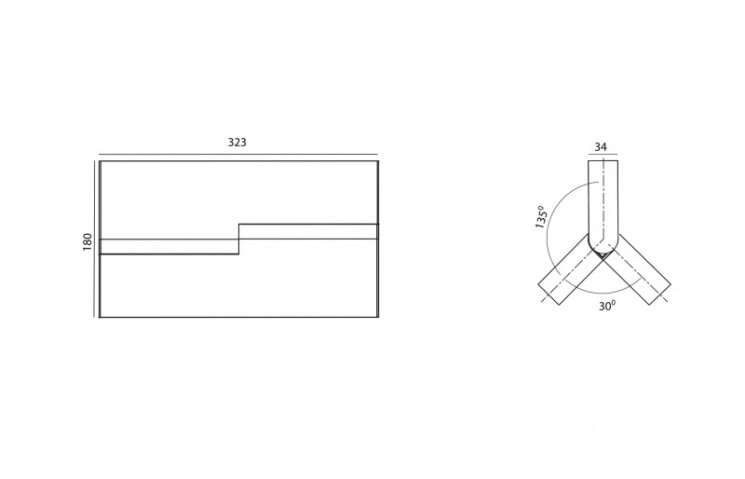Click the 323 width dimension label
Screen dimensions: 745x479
coord(237,142)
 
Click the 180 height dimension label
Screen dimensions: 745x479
coord(87,242)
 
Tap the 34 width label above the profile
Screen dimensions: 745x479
coord(601,147)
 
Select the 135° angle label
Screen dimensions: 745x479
coord(541,217)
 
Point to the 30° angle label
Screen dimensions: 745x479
coord(607,306)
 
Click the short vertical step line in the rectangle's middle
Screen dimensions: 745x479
coord(239,239)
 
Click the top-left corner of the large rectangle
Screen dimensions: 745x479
coord(100,161)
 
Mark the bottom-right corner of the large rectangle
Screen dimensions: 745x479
coord(378,317)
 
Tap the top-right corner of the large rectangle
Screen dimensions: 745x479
coord(378,161)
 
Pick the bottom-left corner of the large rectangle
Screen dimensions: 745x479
coord(100,317)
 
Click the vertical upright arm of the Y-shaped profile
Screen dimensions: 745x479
coord(603,205)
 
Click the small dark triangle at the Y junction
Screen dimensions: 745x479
coord(602,255)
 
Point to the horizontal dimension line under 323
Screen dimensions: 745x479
coord(239,154)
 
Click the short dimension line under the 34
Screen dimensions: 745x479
coord(603,154)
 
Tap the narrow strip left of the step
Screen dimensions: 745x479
coord(169,247)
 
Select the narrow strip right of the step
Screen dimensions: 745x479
coord(308,231)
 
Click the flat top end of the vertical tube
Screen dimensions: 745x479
coord(603,161)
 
